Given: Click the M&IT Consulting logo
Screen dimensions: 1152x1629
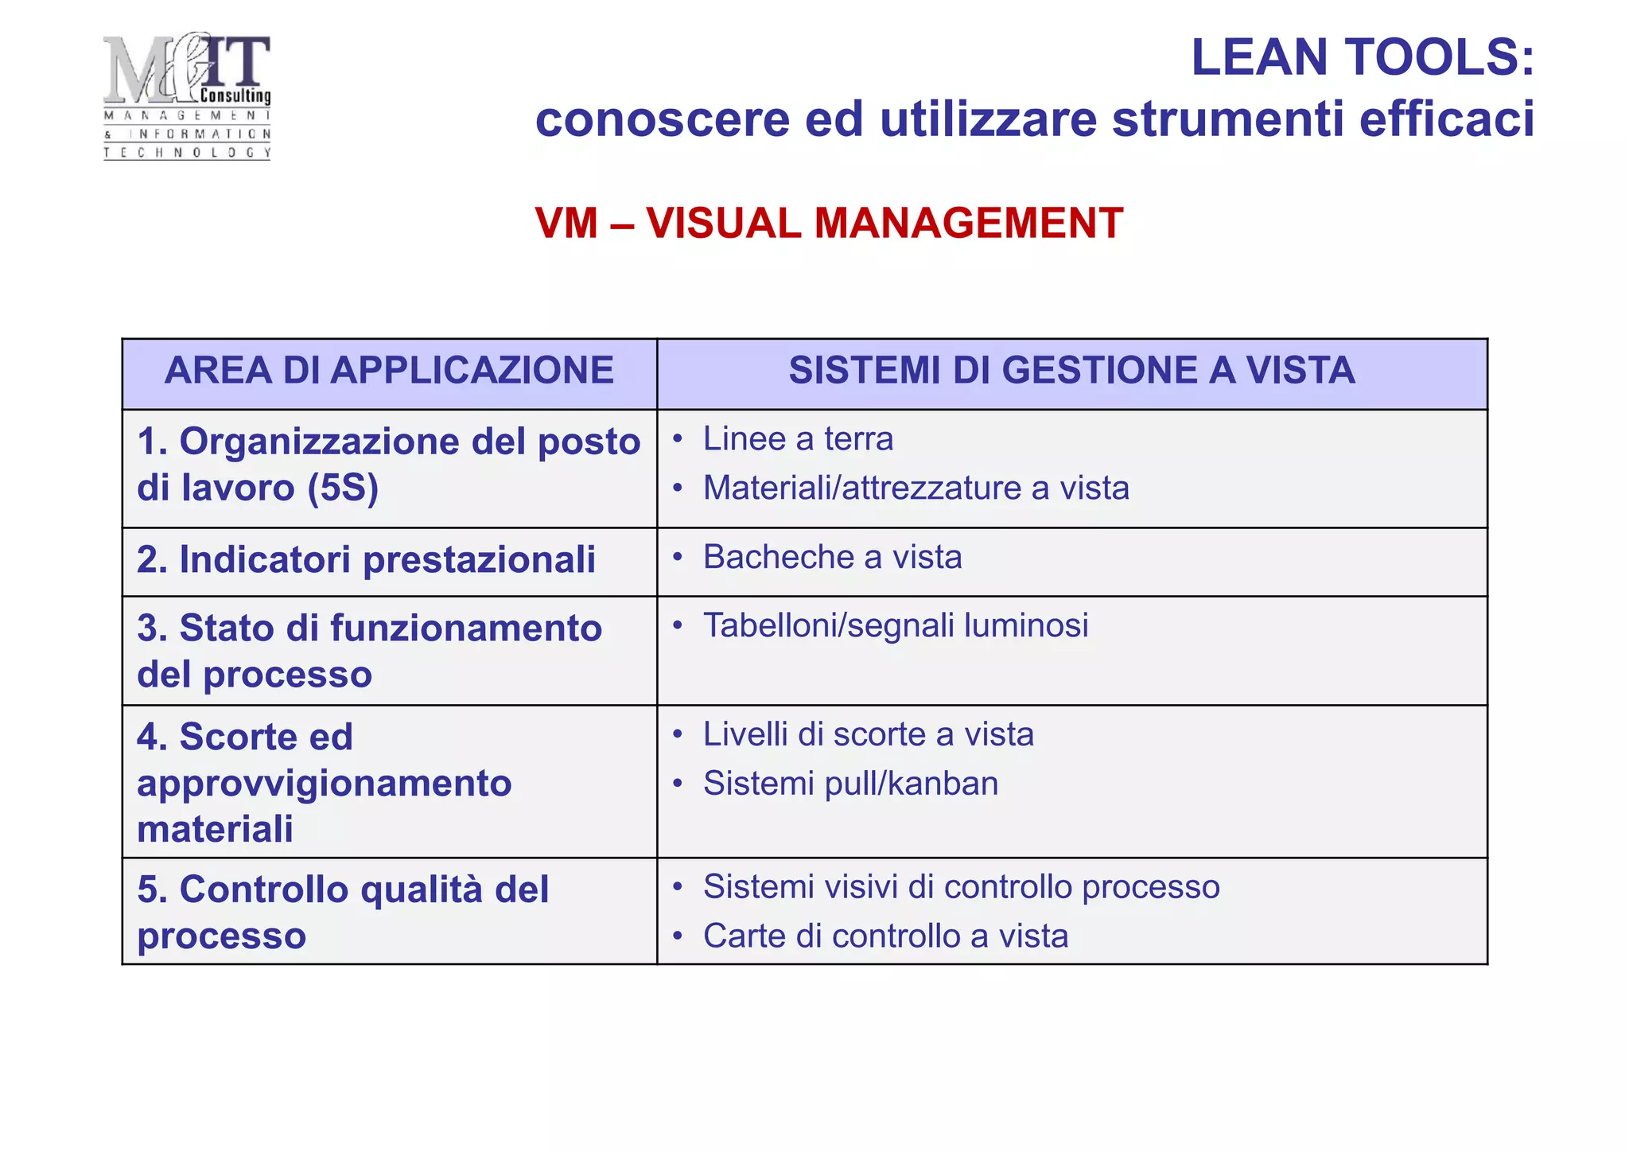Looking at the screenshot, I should click(187, 95).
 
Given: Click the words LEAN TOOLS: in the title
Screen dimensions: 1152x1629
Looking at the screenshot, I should click(1362, 57).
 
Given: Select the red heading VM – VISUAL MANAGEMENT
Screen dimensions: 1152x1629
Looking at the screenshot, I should click(829, 223).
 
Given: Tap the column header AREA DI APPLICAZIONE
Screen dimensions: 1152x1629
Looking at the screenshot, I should click(389, 371).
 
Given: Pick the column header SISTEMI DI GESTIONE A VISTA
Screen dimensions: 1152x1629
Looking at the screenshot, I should click(1071, 371).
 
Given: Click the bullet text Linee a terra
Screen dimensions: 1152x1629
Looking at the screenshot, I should click(798, 439).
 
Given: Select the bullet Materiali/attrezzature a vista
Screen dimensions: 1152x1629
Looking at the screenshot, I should click(916, 488).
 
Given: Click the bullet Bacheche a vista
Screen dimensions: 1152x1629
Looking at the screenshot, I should click(832, 557).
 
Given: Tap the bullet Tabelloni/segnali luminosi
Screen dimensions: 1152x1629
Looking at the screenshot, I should click(896, 625).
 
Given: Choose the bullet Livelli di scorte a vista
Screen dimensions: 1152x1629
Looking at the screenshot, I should click(869, 734).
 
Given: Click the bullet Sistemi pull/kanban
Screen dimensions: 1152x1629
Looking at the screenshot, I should click(850, 784).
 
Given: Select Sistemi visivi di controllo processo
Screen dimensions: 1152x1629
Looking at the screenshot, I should click(961, 887).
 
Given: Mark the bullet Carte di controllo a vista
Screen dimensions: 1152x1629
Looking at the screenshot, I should click(885, 936).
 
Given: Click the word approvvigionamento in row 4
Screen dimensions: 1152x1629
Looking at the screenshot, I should click(325, 784).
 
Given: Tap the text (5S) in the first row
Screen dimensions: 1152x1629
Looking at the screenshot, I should click(343, 488).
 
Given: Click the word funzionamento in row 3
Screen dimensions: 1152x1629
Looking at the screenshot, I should click(466, 629).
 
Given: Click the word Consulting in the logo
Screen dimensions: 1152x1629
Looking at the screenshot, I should click(235, 96).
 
